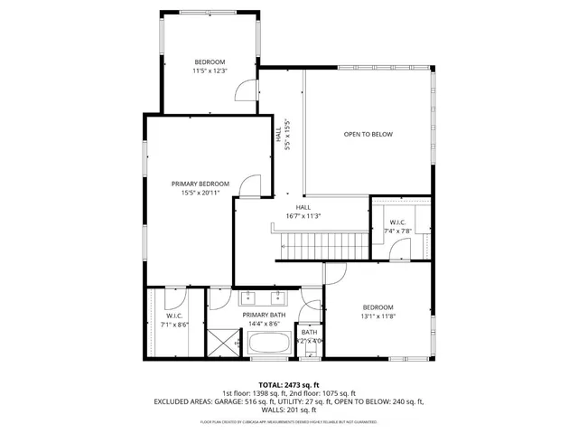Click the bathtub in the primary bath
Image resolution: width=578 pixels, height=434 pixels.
[x=268, y=344]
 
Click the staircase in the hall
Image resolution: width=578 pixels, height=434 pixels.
[x=321, y=243]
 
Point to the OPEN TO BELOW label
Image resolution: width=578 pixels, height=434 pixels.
[x=368, y=135]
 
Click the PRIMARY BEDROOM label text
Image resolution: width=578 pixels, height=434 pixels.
[x=200, y=184]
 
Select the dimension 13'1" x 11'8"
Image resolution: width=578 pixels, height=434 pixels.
[x=378, y=317]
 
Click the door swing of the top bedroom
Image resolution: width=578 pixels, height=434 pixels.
[x=242, y=90]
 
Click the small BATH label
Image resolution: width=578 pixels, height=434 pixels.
[x=310, y=332]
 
